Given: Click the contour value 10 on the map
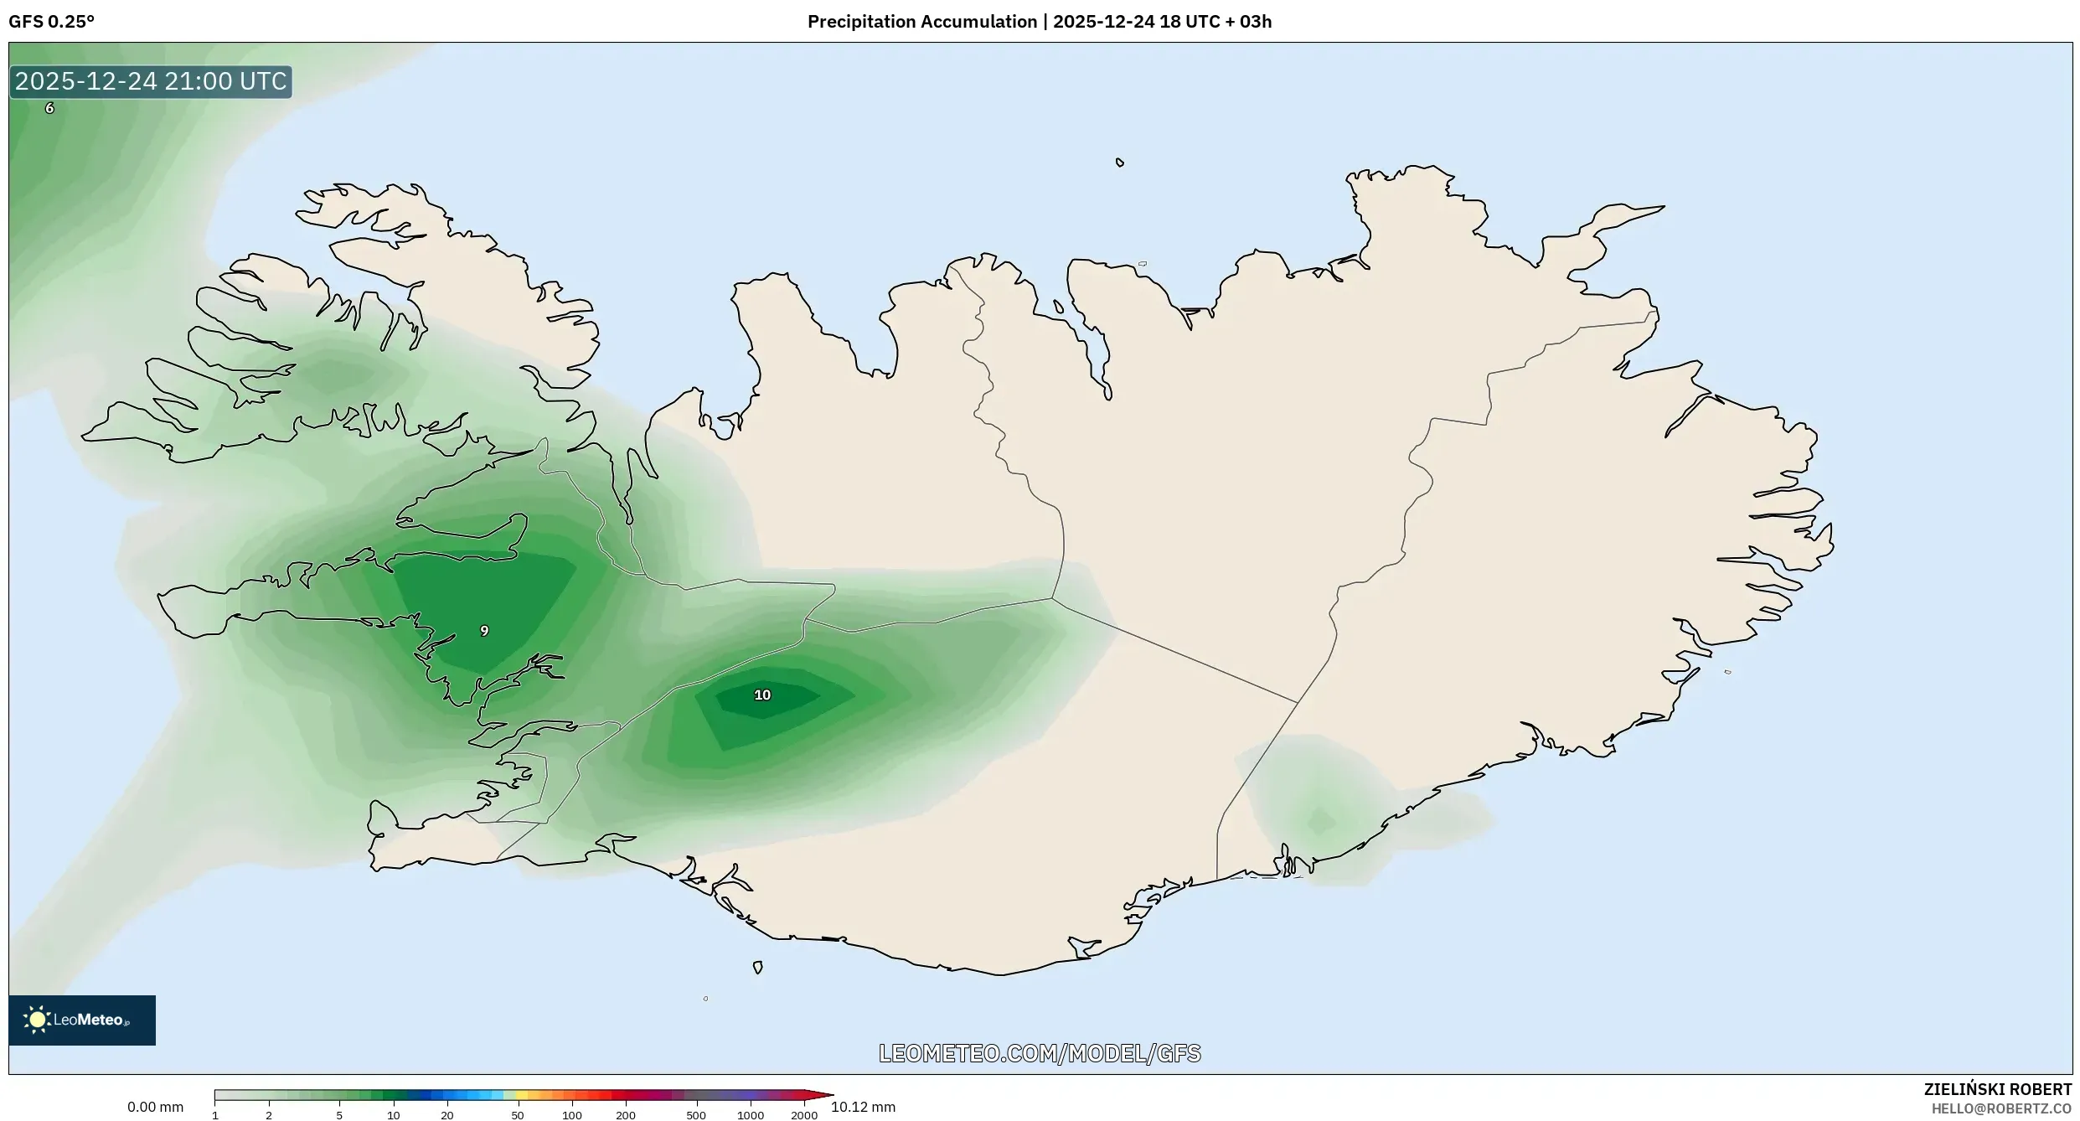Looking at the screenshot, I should (762, 695).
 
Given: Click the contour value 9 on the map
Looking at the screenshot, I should (484, 631).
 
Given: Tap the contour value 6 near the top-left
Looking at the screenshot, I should (49, 108).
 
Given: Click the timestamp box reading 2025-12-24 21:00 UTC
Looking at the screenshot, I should (151, 81).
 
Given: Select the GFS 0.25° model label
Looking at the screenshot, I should (51, 22).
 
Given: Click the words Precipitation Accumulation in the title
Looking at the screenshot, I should (921, 22).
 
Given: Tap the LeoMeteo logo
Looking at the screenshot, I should (81, 1020).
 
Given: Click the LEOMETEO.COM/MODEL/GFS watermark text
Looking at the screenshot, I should (1039, 1053).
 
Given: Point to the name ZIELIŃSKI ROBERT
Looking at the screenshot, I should (1997, 1089).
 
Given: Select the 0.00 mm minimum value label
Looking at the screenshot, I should (155, 1107).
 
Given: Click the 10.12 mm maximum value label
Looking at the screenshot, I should (863, 1107).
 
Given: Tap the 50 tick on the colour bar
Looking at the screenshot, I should (518, 1115).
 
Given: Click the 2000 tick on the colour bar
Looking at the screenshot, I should (803, 1115).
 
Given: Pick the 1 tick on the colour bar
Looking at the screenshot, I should (215, 1115).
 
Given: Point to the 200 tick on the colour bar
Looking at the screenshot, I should (626, 1115).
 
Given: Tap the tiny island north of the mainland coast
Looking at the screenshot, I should (1120, 163).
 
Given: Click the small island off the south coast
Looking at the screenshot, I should (758, 968).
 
